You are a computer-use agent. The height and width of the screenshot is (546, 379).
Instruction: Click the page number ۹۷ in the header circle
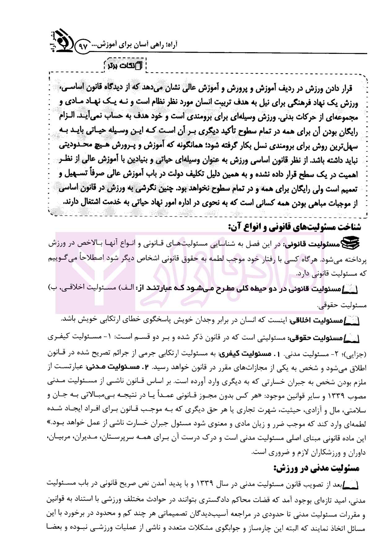[x=83, y=47]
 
